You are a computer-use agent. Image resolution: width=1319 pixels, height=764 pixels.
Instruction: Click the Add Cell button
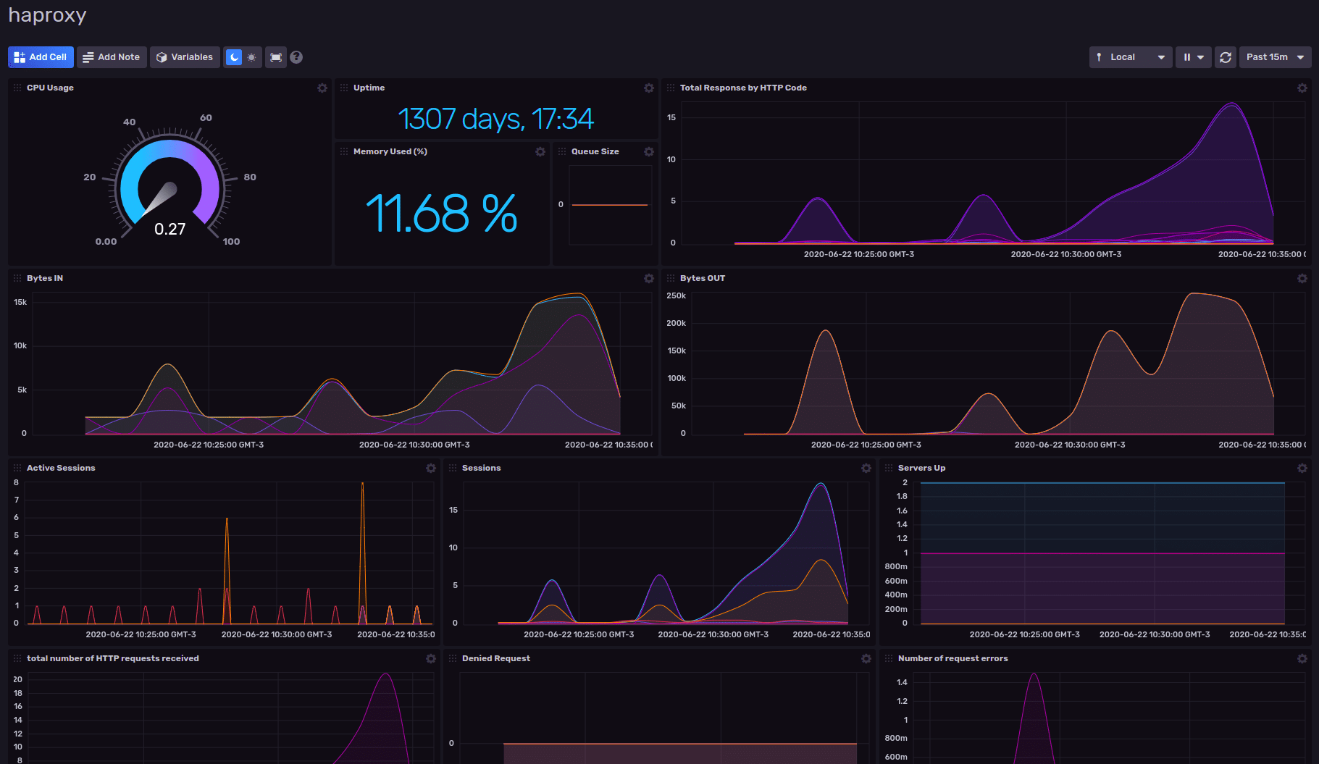(x=41, y=57)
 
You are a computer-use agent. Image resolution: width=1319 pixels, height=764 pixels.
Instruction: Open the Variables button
(x=185, y=57)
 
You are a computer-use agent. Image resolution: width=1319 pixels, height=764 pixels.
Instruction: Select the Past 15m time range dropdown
(x=1275, y=57)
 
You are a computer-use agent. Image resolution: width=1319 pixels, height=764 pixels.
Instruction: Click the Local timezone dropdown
(x=1130, y=57)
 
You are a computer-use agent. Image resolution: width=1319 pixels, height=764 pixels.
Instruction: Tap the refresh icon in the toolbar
(x=1226, y=57)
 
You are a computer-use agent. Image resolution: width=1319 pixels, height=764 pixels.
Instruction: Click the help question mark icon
(x=296, y=57)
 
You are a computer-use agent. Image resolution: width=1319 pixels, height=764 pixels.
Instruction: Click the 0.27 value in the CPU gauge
(x=170, y=230)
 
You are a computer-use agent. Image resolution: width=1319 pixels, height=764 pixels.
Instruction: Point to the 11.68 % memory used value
(x=441, y=214)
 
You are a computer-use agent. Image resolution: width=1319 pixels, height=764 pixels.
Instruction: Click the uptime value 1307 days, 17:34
(x=495, y=119)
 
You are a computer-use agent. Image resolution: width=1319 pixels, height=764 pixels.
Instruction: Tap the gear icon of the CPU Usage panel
(x=322, y=88)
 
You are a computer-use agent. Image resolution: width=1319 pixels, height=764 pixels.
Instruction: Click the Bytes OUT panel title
(x=702, y=278)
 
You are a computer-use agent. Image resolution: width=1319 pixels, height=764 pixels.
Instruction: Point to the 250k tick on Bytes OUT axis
(x=676, y=295)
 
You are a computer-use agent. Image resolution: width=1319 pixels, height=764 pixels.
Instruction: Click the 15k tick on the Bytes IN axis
(x=20, y=302)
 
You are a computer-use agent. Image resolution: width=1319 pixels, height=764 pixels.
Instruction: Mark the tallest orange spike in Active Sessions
(x=362, y=484)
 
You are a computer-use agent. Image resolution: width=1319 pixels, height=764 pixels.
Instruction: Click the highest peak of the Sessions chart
(x=821, y=484)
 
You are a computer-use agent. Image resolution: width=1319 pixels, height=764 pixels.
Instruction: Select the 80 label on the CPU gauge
(x=250, y=177)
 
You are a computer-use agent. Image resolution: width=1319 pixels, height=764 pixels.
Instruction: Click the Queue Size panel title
(x=595, y=151)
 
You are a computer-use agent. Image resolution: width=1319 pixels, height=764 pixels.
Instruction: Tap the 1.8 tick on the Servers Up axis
(x=902, y=496)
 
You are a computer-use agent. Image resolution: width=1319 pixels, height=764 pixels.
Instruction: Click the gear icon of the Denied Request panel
(x=866, y=658)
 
